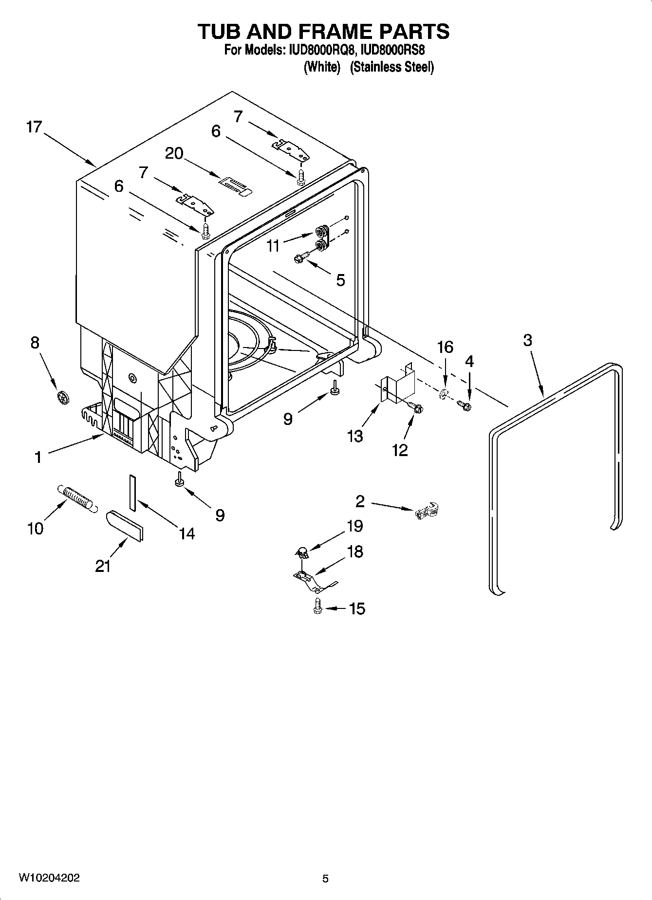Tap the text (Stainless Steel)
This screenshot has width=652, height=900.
click(391, 67)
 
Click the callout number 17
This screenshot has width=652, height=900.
click(34, 128)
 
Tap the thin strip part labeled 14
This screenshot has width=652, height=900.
click(132, 492)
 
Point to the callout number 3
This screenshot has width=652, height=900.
click(528, 340)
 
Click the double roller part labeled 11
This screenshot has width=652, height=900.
click(321, 237)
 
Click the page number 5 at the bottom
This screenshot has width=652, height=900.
click(325, 879)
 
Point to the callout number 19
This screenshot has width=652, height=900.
click(354, 526)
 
